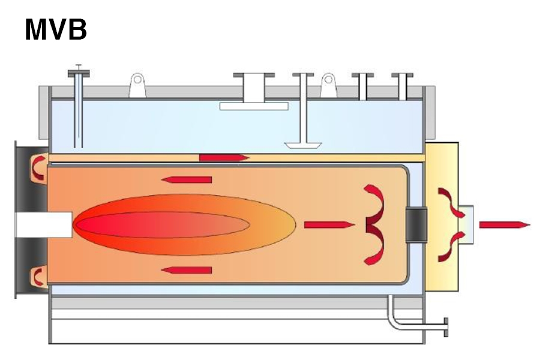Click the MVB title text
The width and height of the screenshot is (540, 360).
coord(56,29)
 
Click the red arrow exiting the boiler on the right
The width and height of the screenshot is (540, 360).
coord(504,225)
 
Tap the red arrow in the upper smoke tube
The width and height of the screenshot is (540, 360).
coord(224,157)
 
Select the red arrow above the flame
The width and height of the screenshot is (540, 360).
coord(187,179)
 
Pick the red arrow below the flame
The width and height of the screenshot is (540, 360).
coord(187,270)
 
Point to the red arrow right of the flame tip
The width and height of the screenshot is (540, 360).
coord(329,225)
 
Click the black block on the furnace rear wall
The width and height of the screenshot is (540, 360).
coord(416,225)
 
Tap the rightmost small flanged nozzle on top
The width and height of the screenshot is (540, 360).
coord(402,86)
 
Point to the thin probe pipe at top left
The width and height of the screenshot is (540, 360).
coord(78,108)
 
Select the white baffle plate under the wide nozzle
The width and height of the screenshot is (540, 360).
coord(254,106)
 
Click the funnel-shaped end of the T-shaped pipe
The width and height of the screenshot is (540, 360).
coord(303,145)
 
